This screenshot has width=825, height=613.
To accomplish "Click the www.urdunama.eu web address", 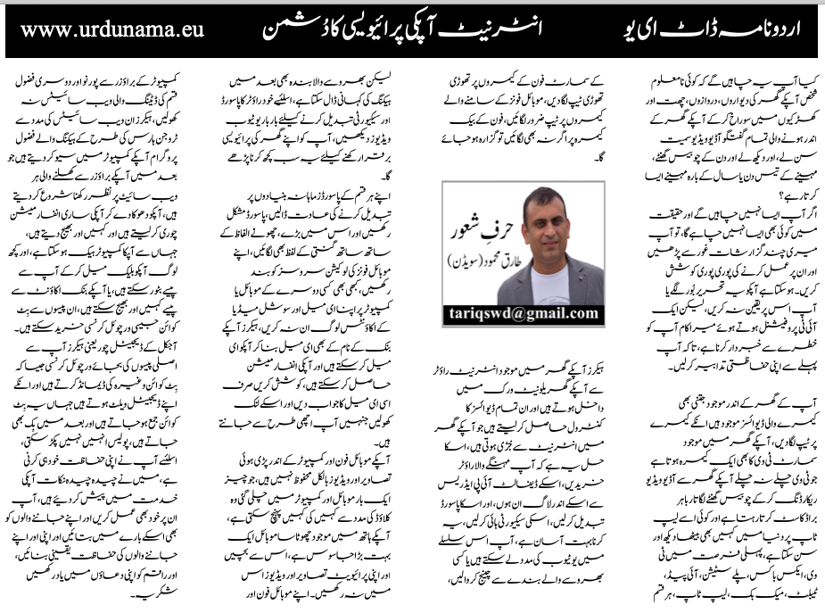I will [111, 29].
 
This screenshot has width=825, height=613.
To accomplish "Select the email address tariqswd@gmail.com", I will [523, 313].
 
